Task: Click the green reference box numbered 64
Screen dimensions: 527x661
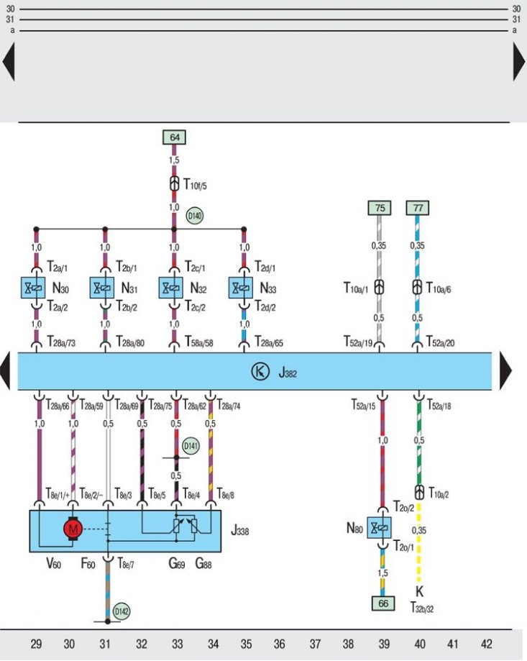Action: pyautogui.click(x=175, y=137)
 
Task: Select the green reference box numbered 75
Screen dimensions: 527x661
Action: pyautogui.click(x=380, y=208)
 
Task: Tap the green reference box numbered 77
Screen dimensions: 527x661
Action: pyautogui.click(x=418, y=208)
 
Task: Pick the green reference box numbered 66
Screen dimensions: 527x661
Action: pyautogui.click(x=383, y=603)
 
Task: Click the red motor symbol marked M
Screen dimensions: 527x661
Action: pyautogui.click(x=73, y=529)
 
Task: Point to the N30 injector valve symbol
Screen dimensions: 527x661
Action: pyautogui.click(x=33, y=288)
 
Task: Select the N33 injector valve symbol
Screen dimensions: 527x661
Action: pyautogui.click(x=241, y=288)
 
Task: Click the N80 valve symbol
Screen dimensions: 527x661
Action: pyautogui.click(x=379, y=527)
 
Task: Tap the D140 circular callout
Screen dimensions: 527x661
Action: pyautogui.click(x=195, y=216)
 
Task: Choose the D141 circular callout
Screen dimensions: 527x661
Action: pyautogui.click(x=191, y=446)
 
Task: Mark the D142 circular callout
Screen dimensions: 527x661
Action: pyautogui.click(x=122, y=611)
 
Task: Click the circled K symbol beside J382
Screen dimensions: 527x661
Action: pyautogui.click(x=260, y=371)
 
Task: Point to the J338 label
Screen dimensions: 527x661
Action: pyautogui.click(x=239, y=530)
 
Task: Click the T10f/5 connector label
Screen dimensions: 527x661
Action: pyautogui.click(x=195, y=184)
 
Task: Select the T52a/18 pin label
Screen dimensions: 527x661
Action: pyautogui.click(x=439, y=405)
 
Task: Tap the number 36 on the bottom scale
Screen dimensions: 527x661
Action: pyautogui.click(x=279, y=644)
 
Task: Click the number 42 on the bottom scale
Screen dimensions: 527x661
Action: pyautogui.click(x=486, y=644)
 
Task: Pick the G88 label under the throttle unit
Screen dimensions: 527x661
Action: pyautogui.click(x=203, y=563)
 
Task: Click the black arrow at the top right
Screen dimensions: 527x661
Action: pyautogui.click(x=519, y=62)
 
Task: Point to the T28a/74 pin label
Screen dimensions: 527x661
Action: pyautogui.click(x=229, y=405)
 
